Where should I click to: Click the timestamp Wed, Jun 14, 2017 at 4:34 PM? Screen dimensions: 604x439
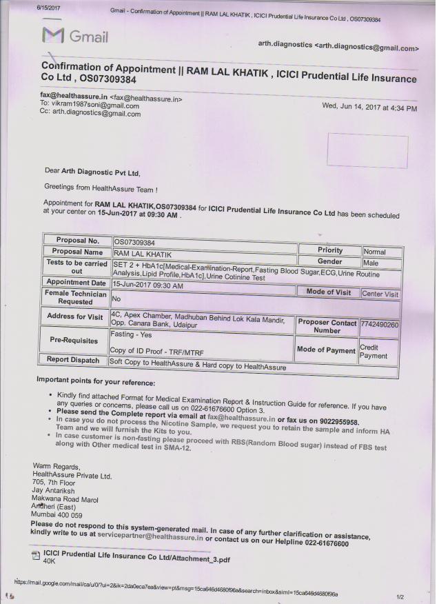[x=369, y=108]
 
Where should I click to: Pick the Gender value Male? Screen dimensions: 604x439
[x=372, y=263]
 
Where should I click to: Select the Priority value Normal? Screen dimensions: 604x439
[x=374, y=252]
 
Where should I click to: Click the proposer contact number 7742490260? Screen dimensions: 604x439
[x=380, y=323]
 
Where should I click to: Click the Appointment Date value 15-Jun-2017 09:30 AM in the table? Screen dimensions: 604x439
[x=147, y=283]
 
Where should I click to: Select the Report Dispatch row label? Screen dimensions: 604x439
[x=74, y=360]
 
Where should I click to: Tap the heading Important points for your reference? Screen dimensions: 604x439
[x=96, y=382]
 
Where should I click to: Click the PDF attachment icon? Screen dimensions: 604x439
[x=36, y=556]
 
